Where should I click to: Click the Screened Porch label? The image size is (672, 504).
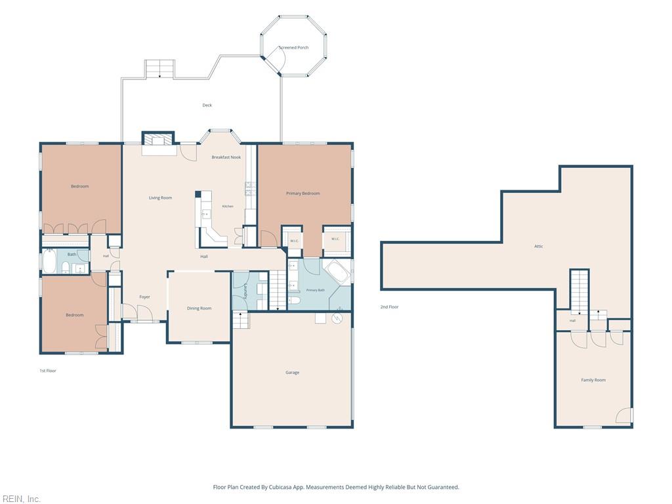pos(293,47)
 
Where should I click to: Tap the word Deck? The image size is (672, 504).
pos(207,105)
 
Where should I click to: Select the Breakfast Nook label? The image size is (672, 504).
pos(226,157)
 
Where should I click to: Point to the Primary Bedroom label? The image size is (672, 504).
pos(303,194)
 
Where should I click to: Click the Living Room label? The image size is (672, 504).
pos(160,198)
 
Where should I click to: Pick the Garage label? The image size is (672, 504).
pos(292,373)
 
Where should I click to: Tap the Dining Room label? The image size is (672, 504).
pos(199,308)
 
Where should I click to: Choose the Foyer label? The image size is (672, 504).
pos(144,297)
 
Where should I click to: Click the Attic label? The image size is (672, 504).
pos(539,246)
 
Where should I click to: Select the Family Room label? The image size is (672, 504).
pos(593,380)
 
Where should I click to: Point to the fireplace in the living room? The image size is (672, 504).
pos(158,140)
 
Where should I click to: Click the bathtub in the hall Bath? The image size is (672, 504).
pos(49,261)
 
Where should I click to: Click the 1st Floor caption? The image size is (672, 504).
pos(48,371)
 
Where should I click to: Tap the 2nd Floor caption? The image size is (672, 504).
pos(389,307)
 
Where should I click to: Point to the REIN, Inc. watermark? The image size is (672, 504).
pos(21,499)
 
